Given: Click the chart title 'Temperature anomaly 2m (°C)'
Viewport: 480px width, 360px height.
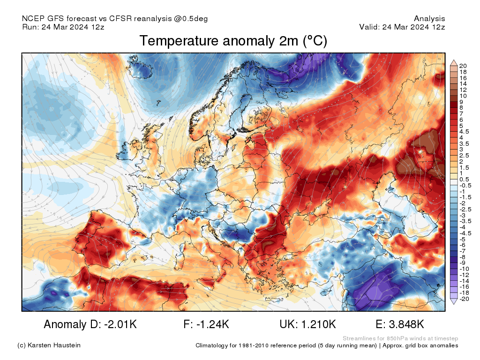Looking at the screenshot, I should point(233,41).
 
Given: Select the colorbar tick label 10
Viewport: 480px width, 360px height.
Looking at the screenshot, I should point(463,96).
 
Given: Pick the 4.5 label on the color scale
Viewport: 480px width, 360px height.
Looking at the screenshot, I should point(464,132).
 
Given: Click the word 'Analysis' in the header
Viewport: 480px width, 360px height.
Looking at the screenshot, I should point(429,19).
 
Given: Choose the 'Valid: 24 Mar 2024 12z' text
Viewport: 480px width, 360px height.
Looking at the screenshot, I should point(402,27).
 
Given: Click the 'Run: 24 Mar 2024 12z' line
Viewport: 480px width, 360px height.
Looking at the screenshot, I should point(63,27).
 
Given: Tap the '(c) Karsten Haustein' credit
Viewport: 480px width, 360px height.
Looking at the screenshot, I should point(49,345).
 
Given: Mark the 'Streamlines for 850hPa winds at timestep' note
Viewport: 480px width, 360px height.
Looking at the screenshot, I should point(400,338).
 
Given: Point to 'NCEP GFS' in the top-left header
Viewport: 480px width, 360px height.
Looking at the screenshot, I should point(37,19).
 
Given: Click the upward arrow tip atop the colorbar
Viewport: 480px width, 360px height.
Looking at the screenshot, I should point(453,60).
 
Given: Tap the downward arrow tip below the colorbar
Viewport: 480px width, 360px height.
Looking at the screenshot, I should point(453,303).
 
